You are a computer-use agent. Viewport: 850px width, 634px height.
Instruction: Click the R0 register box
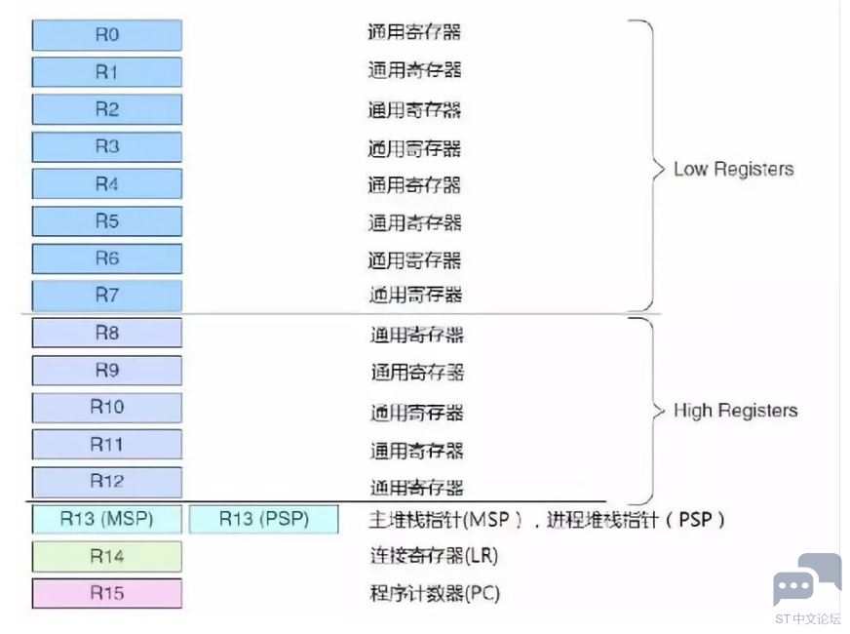pos(107,35)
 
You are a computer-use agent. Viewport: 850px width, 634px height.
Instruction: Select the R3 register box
pos(107,147)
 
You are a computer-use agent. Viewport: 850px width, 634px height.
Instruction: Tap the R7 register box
pos(107,295)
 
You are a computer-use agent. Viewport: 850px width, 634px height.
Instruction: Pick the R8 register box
pos(107,333)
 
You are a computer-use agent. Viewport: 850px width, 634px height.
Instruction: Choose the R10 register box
pos(107,408)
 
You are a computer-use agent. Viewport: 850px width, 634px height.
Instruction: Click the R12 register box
pos(107,482)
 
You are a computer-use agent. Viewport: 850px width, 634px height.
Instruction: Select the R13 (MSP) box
pos(107,519)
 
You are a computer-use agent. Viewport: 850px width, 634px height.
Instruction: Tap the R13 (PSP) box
pos(264,519)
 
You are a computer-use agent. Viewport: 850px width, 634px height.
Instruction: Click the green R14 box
pos(107,556)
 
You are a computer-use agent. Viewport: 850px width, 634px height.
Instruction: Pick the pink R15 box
pos(107,593)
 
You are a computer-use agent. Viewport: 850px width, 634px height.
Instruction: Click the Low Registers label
pos(733,169)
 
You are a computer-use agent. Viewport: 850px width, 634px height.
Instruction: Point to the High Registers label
pos(735,411)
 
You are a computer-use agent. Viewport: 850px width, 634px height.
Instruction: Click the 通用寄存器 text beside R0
pos(413,32)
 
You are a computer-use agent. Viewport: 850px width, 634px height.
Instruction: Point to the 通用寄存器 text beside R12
pos(416,487)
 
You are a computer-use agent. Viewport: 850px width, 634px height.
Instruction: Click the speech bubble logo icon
pos(807,579)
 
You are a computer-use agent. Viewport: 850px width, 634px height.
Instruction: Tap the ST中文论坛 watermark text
pos(807,618)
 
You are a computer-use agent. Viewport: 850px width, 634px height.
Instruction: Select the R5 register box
pos(107,221)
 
